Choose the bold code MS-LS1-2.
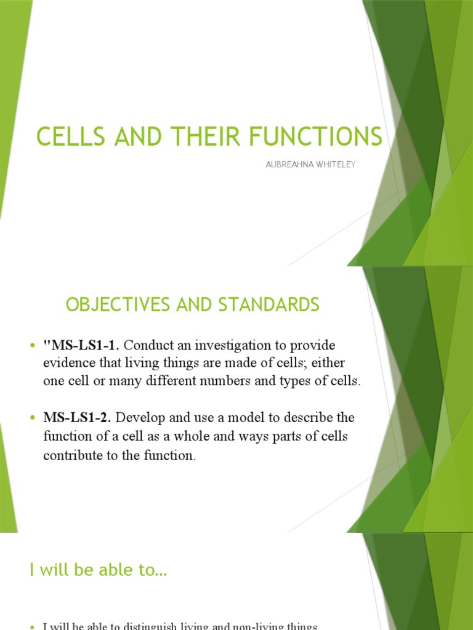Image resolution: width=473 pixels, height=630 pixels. click(x=78, y=418)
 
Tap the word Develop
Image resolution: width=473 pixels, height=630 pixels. click(x=139, y=418)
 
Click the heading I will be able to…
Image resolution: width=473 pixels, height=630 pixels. click(x=98, y=570)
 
